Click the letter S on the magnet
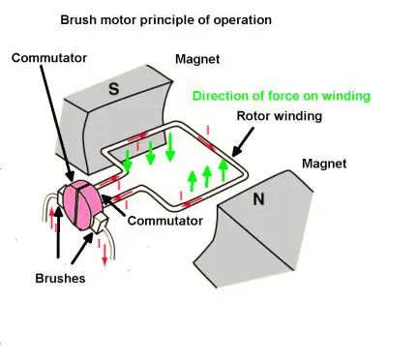[113, 88]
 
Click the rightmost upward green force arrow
[224, 173]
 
